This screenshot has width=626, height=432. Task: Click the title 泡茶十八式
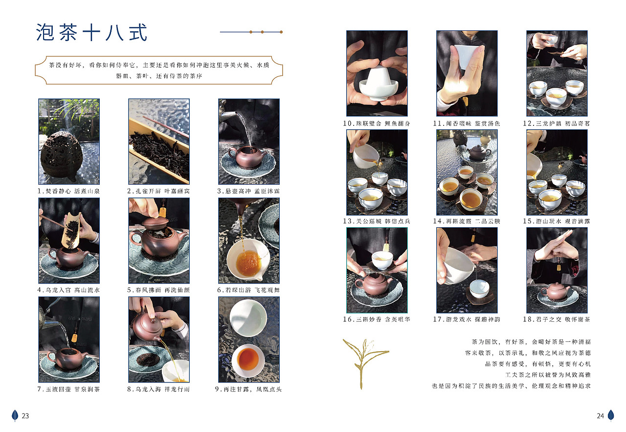[x=91, y=33]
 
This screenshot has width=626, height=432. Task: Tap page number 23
[x=25, y=416]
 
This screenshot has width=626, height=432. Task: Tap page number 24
[x=600, y=416]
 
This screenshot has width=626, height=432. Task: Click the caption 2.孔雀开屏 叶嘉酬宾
[x=159, y=191]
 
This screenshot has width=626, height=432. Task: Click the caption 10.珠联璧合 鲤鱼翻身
[x=377, y=123]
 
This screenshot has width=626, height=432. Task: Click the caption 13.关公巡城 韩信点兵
[x=377, y=221]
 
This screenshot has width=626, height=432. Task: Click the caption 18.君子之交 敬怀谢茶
[x=557, y=319]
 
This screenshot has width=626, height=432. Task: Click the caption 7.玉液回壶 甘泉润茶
[x=69, y=389]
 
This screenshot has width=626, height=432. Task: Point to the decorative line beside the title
[x=251, y=32]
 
